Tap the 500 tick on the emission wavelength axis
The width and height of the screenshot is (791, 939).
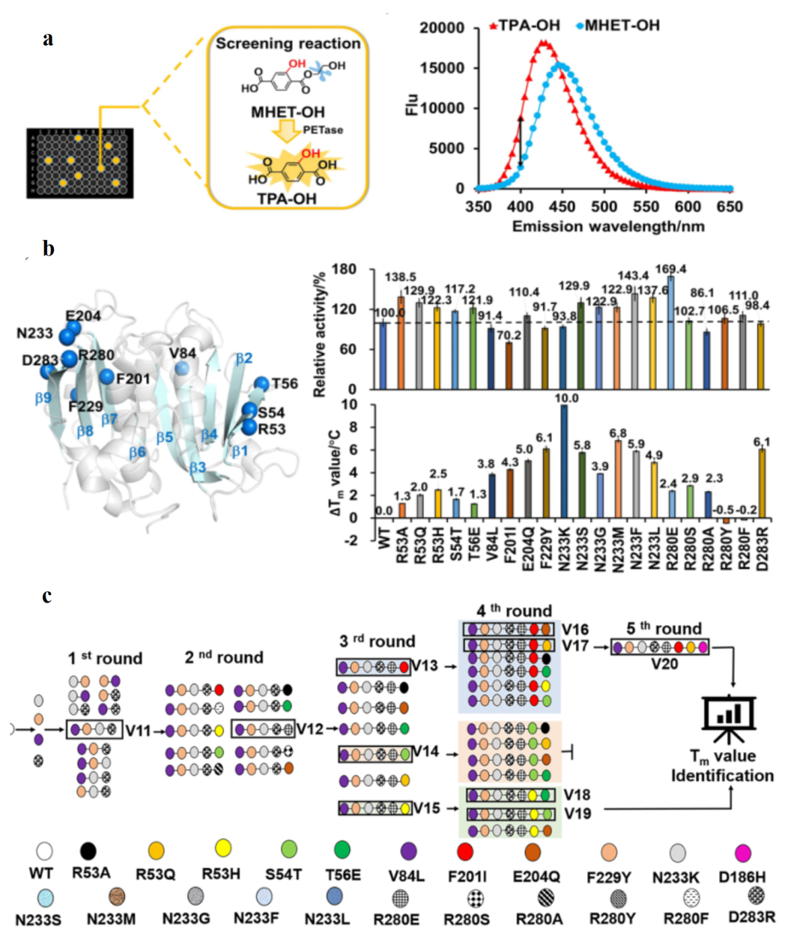coord(604,206)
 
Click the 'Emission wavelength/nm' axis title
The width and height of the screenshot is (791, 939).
coord(608,227)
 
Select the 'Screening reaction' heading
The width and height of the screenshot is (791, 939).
coord(288,44)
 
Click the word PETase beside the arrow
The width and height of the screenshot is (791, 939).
coord(322,130)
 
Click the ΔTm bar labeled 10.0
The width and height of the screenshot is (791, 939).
coord(563,461)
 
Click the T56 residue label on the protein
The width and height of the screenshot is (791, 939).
coord(284,383)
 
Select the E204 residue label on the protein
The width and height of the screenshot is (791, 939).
coord(83,315)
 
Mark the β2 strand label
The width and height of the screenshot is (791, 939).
coord(244,358)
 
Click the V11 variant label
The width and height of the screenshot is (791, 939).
coord(138,730)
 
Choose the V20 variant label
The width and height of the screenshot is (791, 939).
coord(664,665)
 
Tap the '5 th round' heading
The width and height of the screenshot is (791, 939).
coord(664,628)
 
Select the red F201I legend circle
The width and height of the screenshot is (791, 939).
coord(465,852)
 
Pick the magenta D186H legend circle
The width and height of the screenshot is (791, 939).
coord(743,853)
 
